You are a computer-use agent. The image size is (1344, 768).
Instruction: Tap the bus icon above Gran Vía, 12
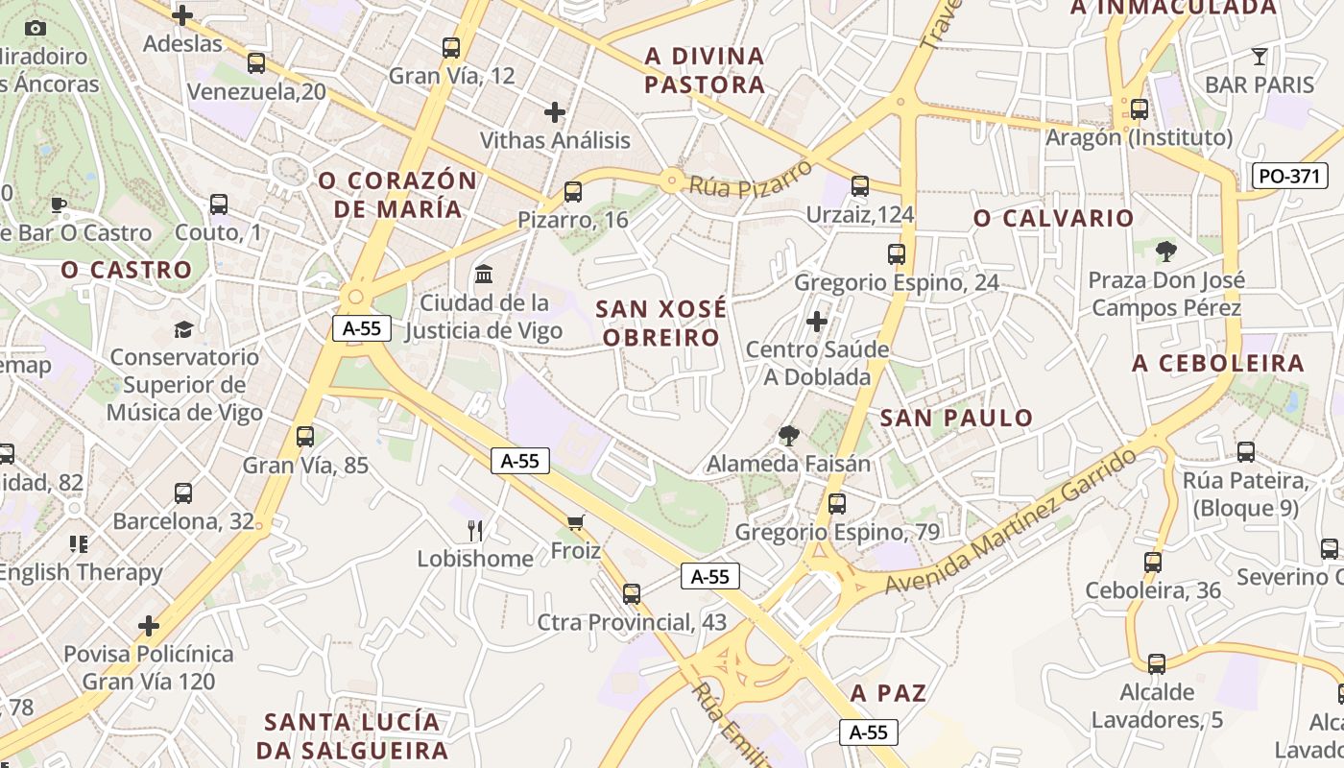coord(451,47)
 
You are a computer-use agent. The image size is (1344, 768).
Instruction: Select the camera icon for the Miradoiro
coord(36,28)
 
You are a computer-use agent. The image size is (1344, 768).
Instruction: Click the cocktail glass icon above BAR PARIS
coord(1260,56)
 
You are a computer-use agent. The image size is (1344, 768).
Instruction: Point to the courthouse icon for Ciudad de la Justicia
coord(484,274)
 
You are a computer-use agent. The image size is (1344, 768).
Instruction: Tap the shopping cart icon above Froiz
coord(575,522)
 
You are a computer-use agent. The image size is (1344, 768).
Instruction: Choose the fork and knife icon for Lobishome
coord(474,530)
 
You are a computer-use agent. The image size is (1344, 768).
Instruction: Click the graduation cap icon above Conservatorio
coord(183,329)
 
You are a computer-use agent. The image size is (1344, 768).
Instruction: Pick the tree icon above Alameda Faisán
coord(789,436)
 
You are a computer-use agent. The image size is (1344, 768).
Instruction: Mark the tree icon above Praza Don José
coord(1166,252)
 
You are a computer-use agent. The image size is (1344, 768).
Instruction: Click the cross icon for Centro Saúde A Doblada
coord(817,321)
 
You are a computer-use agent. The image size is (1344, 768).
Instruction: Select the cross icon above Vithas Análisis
coord(555,112)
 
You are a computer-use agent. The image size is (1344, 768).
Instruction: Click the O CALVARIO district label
coord(1053,218)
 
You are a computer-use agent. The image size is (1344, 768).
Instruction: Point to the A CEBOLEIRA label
coord(1218,363)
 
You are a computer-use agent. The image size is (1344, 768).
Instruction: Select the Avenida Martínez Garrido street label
coord(1011,523)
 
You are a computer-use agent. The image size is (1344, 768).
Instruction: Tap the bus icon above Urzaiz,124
coord(860,186)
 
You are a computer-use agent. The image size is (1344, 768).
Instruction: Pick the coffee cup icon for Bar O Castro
coord(58,204)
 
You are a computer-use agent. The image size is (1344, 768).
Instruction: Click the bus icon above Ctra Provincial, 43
coord(631,593)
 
